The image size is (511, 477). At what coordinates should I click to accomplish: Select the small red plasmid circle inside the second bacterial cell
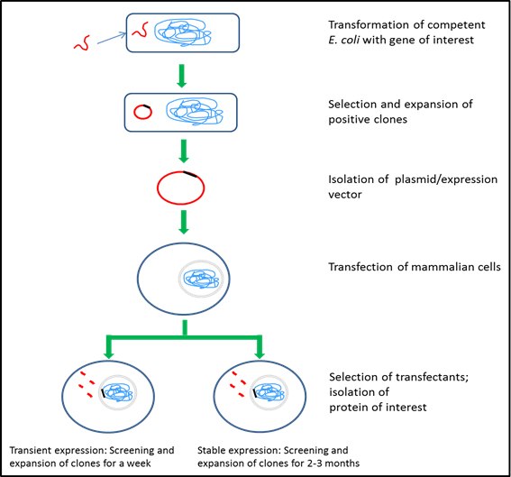point(142,113)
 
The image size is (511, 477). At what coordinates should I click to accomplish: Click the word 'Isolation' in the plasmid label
point(357,180)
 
